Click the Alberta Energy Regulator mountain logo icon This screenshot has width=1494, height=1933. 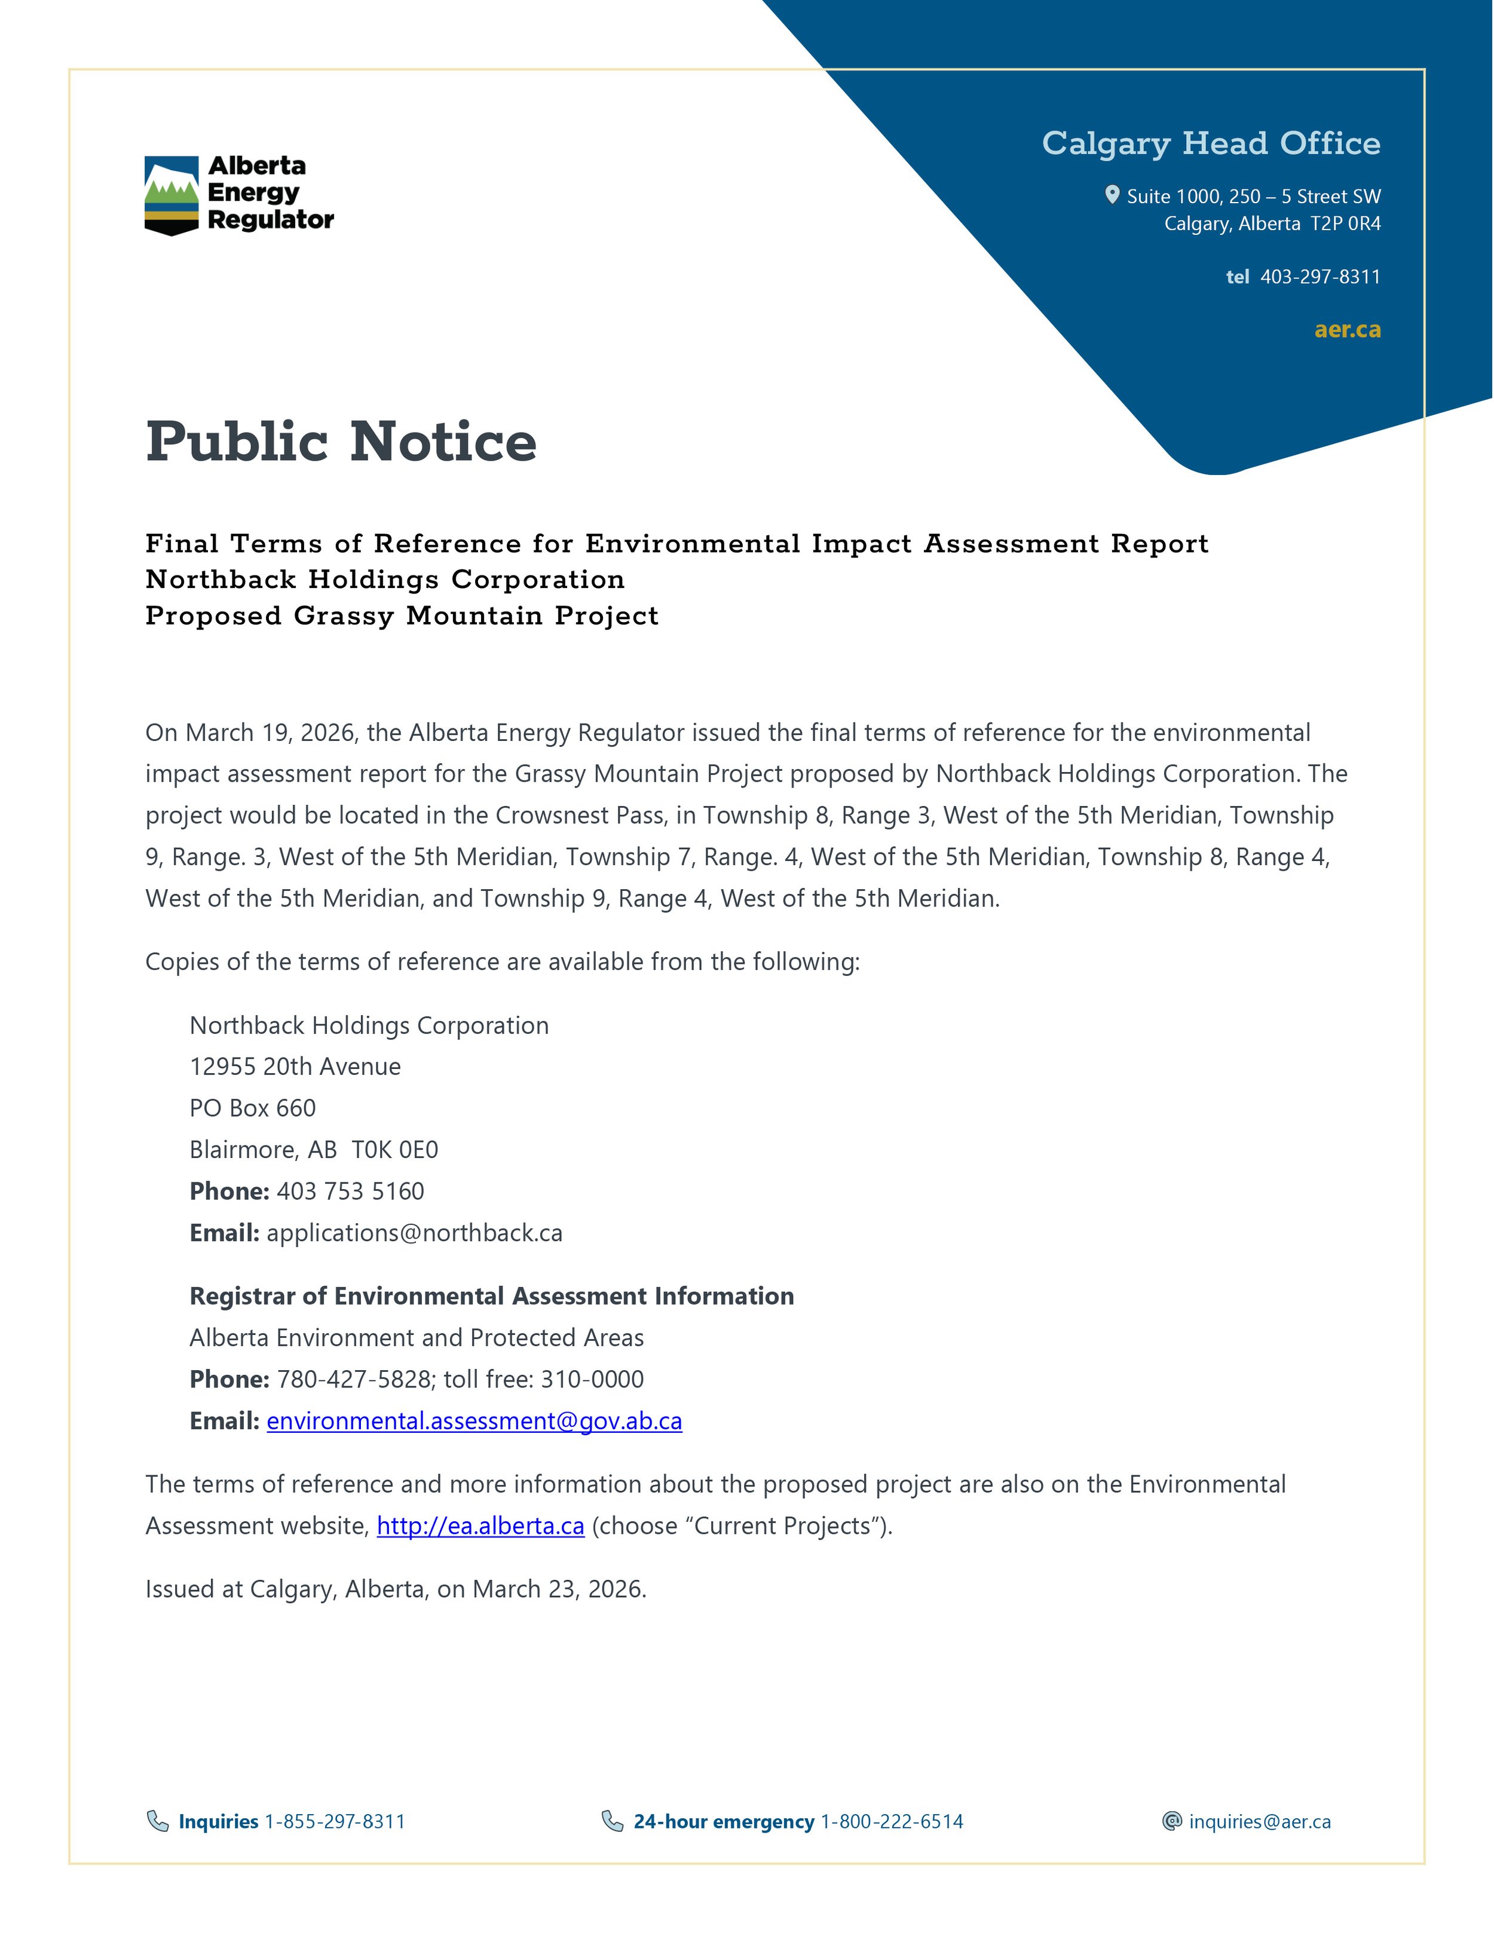[x=171, y=195]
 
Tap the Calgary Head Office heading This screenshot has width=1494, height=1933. [x=1210, y=143]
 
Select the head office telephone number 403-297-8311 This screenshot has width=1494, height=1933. [x=1320, y=277]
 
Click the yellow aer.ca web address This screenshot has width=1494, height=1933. [x=1347, y=330]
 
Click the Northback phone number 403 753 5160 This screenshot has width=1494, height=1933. [x=350, y=1191]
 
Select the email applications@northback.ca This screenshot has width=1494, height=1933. [x=414, y=1233]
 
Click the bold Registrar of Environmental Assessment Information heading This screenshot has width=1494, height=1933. [x=491, y=1296]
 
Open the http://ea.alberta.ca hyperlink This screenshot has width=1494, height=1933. [x=480, y=1526]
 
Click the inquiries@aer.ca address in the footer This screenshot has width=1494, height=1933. [x=1260, y=1821]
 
